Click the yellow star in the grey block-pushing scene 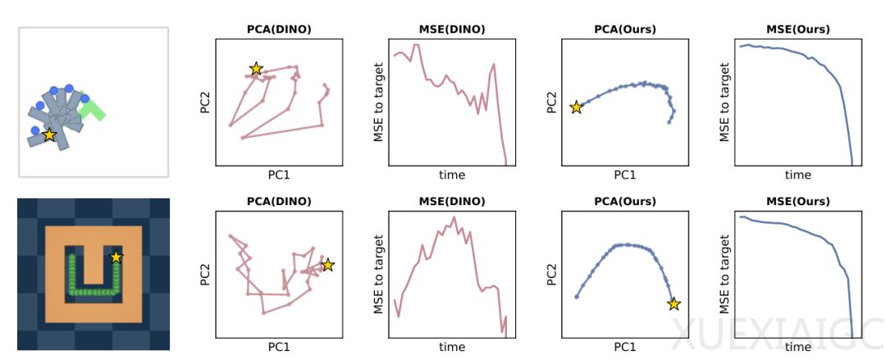49,134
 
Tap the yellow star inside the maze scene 116,257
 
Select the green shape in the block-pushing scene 93,109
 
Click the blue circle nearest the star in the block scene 34,130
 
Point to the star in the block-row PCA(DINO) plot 256,69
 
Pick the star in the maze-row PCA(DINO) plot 327,265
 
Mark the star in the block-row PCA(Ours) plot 576,107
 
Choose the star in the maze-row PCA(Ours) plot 674,304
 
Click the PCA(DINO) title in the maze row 279,201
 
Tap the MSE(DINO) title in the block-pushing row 451,30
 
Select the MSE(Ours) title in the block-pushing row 797,30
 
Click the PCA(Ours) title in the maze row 624,201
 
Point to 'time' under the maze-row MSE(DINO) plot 451,347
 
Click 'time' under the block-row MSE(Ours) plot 797,175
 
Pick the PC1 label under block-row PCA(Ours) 624,175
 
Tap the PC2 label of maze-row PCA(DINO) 206,274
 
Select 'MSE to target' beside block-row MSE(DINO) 379,103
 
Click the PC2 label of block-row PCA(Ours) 552,103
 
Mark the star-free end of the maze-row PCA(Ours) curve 577,296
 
